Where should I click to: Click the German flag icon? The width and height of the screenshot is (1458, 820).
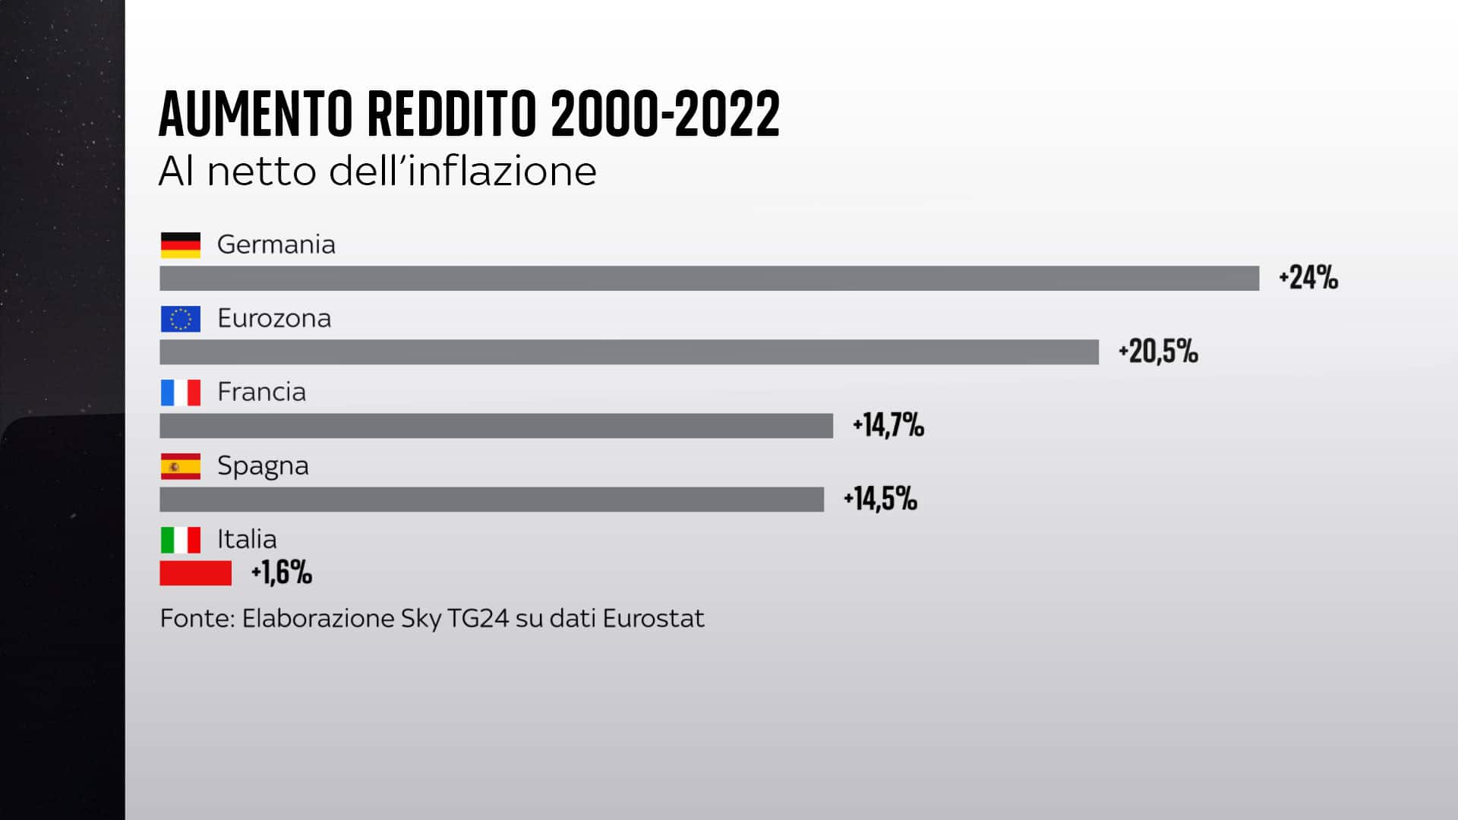(x=181, y=245)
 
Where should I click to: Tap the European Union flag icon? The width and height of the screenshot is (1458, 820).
(x=181, y=319)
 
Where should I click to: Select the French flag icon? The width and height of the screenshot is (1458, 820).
(x=181, y=393)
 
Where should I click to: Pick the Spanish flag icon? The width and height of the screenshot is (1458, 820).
(x=181, y=466)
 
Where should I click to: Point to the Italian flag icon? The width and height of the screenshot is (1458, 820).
(x=181, y=540)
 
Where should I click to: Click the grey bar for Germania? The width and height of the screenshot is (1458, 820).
(x=709, y=278)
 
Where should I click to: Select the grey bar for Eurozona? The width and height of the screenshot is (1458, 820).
(x=629, y=352)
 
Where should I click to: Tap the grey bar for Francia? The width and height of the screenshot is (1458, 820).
(x=496, y=425)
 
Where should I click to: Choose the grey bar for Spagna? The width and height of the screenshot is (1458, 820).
(x=491, y=499)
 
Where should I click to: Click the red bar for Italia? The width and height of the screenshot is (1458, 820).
(x=195, y=572)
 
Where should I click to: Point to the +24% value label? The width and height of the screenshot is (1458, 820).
(x=1308, y=278)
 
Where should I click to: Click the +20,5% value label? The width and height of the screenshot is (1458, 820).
(x=1158, y=352)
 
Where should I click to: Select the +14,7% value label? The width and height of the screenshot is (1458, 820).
(x=888, y=425)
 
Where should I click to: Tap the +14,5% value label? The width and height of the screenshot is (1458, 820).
(x=880, y=499)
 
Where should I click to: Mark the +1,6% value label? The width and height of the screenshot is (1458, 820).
(x=281, y=572)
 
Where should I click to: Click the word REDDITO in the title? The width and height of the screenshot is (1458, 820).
(x=452, y=114)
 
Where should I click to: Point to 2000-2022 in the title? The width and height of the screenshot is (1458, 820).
(x=665, y=114)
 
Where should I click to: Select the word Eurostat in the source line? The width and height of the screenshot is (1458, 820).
(x=653, y=618)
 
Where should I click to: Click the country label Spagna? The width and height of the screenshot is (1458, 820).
(x=263, y=465)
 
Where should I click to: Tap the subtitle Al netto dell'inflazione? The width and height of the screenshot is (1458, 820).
(x=377, y=172)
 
